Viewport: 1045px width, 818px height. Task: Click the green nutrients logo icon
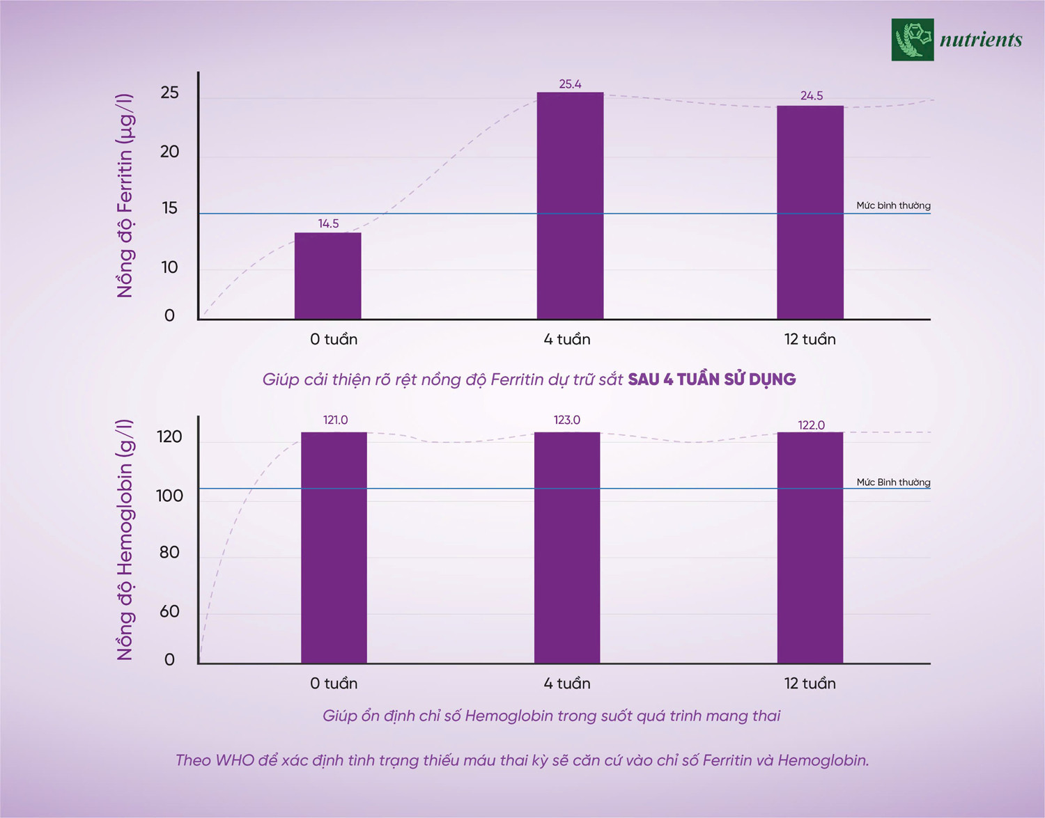click(913, 40)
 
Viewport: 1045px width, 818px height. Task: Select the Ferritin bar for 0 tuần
click(327, 276)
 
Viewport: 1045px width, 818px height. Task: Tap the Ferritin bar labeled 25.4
click(570, 205)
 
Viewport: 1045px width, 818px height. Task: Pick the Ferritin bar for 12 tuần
click(810, 212)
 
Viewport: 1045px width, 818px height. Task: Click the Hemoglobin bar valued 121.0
click(334, 547)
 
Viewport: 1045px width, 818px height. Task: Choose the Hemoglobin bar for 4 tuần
click(567, 547)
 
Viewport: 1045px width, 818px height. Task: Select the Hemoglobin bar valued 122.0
click(810, 547)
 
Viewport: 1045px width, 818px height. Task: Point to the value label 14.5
click(328, 223)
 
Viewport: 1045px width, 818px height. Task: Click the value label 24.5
click(812, 96)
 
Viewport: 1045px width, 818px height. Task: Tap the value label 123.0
click(567, 420)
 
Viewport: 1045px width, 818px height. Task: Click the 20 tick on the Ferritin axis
click(169, 152)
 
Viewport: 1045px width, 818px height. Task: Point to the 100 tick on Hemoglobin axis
click(169, 496)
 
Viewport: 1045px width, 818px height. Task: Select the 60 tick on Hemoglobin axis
click(169, 611)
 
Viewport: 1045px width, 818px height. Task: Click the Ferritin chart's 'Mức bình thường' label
click(893, 205)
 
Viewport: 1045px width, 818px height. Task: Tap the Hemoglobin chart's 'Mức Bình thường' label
click(893, 482)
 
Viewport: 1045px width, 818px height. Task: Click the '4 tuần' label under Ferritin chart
click(567, 339)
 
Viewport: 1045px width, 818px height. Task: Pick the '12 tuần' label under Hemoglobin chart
click(810, 683)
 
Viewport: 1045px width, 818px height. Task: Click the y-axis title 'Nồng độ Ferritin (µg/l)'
click(125, 196)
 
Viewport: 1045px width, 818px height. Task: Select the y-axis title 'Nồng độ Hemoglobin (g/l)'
click(125, 540)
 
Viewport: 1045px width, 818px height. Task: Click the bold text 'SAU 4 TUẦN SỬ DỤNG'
click(711, 379)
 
